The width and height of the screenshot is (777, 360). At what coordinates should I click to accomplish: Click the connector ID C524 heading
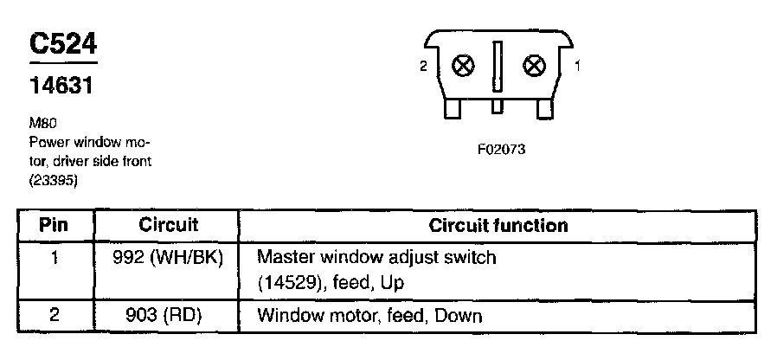coord(62,44)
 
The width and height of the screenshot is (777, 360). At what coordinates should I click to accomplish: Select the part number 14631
coord(61,87)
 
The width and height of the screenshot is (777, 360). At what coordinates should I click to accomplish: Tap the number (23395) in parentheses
coord(54,181)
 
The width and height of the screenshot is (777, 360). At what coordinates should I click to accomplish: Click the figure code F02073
coord(501,149)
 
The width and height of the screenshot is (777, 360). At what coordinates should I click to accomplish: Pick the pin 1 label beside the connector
coord(577,65)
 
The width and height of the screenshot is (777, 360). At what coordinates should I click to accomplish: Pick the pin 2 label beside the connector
coord(423,66)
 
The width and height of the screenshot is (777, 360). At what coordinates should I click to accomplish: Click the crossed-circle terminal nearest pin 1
coord(536,65)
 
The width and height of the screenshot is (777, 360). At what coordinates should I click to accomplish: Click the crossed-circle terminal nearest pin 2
coord(464,66)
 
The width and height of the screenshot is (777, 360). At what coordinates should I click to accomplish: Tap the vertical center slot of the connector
coord(498,67)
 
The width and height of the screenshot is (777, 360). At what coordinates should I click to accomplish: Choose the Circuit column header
coord(169,226)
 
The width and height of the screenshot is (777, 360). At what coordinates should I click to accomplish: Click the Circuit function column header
coord(498,226)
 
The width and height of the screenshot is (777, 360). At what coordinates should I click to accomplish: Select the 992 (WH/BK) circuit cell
coord(169,257)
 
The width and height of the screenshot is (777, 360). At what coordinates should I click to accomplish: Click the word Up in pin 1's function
coord(393,283)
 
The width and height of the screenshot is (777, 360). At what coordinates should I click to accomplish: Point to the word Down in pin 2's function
coord(459,315)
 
